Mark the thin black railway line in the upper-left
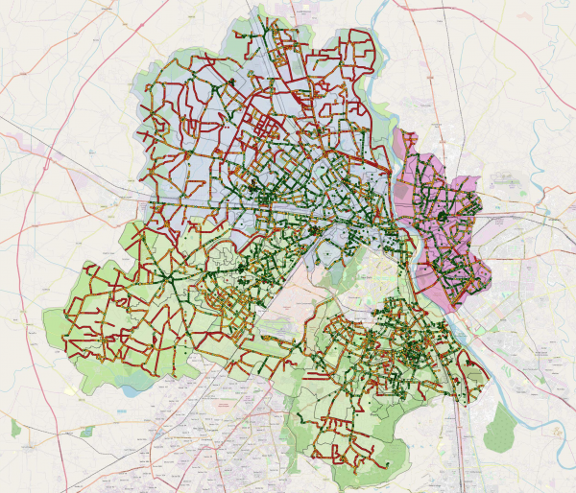pos(58,144)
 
